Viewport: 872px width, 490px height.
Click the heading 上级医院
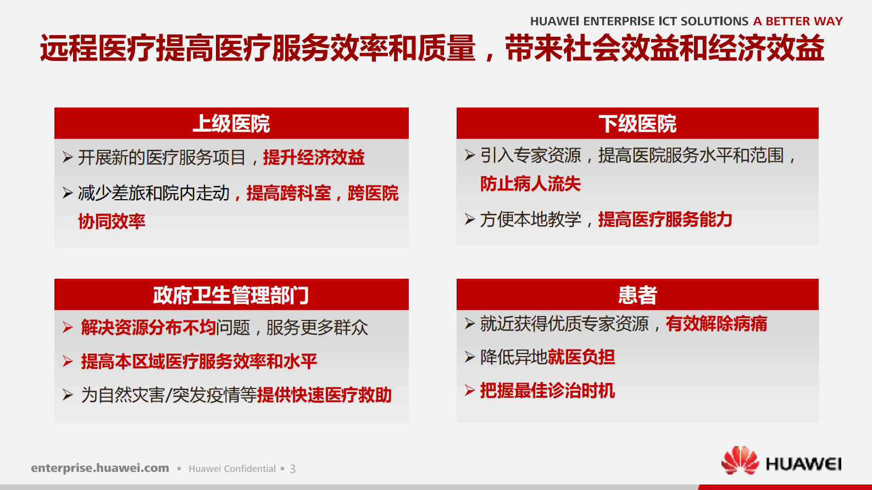click(x=231, y=124)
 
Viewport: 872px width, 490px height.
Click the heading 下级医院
click(x=637, y=124)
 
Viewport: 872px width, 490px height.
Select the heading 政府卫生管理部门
click(x=231, y=295)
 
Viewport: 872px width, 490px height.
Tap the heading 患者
click(x=637, y=295)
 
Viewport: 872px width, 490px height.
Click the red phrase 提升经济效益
click(x=313, y=158)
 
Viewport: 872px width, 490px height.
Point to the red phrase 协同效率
click(x=112, y=222)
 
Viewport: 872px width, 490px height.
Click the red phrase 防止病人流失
click(x=530, y=184)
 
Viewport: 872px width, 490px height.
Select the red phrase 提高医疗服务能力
click(x=665, y=219)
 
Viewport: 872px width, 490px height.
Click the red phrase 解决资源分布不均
click(x=148, y=328)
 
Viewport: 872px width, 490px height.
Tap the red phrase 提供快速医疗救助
click(x=324, y=395)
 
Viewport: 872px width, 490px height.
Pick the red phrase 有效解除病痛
click(x=716, y=324)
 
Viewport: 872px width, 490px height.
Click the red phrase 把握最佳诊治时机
click(x=547, y=391)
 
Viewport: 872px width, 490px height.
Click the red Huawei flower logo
click(x=740, y=461)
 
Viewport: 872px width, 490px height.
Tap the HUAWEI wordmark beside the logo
click(x=803, y=464)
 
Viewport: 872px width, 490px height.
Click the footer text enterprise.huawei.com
click(x=100, y=468)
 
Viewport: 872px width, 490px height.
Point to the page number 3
click(x=293, y=469)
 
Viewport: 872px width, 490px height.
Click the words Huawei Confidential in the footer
click(x=232, y=469)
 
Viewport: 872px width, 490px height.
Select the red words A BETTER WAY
click(x=798, y=21)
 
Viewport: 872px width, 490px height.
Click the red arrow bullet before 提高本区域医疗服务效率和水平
click(x=68, y=362)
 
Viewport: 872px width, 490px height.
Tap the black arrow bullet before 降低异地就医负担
click(x=469, y=357)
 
